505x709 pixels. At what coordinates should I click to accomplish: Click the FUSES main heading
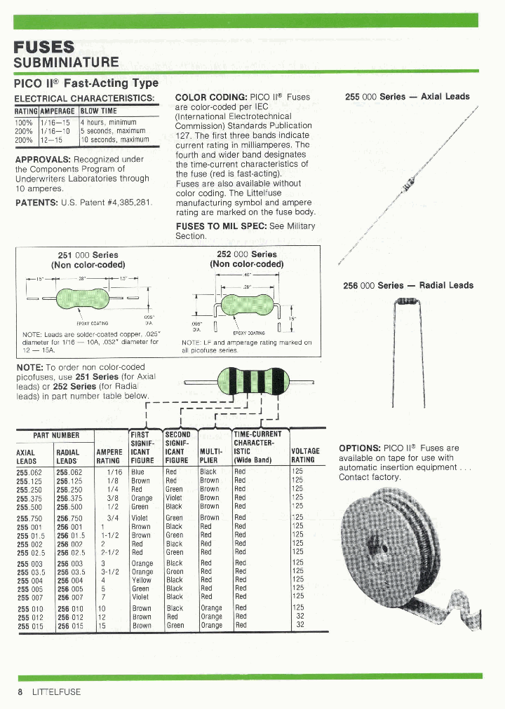click(44, 47)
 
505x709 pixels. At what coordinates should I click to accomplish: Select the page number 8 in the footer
click(20, 692)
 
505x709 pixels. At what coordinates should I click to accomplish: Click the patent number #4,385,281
click(128, 202)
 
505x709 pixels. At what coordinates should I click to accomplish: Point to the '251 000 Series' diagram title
click(88, 255)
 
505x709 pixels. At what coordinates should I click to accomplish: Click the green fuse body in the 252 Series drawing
click(246, 305)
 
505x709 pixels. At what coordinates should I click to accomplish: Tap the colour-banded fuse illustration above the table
click(250, 383)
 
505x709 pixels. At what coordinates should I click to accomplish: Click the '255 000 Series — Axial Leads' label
click(408, 97)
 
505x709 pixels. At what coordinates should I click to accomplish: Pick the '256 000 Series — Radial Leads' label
click(408, 285)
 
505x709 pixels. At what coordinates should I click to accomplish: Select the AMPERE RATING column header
click(108, 455)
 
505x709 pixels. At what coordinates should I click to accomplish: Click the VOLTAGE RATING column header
click(305, 455)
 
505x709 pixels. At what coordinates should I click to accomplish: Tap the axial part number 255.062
click(29, 472)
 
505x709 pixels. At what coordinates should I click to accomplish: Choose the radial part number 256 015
click(69, 626)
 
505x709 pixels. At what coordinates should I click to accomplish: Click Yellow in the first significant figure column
click(142, 580)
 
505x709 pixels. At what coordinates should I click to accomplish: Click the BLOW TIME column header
click(99, 111)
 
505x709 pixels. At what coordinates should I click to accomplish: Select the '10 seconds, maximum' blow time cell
click(114, 139)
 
